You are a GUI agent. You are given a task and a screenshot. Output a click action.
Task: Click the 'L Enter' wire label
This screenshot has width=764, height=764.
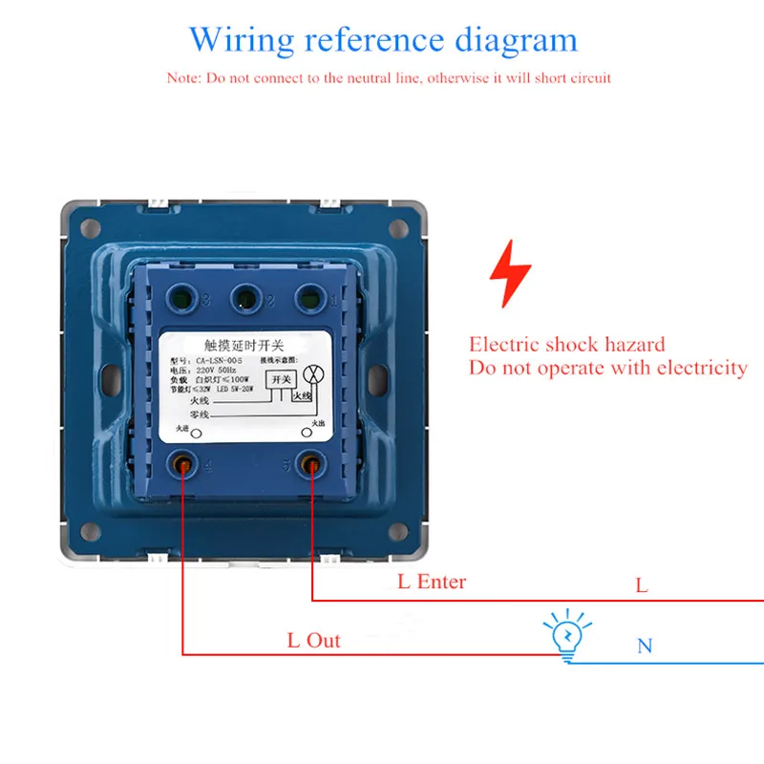(432, 581)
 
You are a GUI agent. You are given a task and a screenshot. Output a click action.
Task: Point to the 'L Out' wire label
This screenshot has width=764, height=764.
(313, 640)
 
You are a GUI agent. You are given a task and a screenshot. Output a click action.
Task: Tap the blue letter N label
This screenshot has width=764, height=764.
(645, 647)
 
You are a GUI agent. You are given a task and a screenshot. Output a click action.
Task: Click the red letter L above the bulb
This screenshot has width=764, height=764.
(642, 586)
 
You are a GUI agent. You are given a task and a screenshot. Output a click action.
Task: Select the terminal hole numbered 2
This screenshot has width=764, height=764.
(246, 298)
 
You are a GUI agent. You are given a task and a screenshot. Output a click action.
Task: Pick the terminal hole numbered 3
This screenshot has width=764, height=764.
(183, 298)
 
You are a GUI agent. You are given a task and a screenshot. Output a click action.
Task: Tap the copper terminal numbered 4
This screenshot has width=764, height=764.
(181, 466)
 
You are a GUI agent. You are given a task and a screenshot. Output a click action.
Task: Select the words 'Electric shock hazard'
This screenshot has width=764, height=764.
(566, 345)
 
